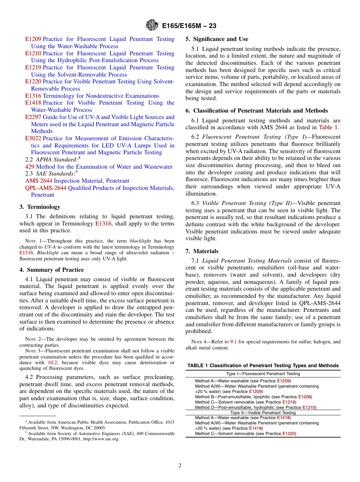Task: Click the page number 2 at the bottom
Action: click(x=180, y=465)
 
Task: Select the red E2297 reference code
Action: click(x=33, y=117)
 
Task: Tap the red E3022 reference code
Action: click(x=33, y=138)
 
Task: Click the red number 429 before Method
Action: click(x=30, y=167)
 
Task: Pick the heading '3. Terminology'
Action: click(x=40, y=207)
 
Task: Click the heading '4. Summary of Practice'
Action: click(x=52, y=270)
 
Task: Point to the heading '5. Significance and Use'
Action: click(x=217, y=39)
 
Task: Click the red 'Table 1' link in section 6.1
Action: click(x=329, y=127)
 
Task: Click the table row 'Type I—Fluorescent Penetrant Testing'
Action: click(x=263, y=374)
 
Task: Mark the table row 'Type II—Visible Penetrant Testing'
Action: click(x=263, y=413)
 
